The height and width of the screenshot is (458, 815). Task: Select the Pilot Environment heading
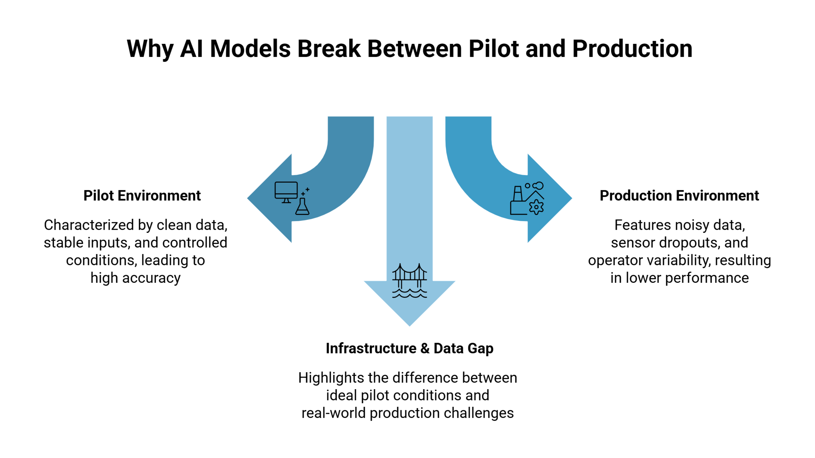coord(142,196)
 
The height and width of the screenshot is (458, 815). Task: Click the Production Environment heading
coord(679,196)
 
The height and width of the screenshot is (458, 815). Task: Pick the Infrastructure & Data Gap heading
coord(409,348)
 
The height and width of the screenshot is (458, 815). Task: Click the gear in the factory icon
coord(536,207)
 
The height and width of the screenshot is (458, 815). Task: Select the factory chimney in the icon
coord(518,193)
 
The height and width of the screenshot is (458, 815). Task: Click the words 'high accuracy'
coord(135,278)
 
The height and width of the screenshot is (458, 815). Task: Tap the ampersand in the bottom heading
coord(425,348)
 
